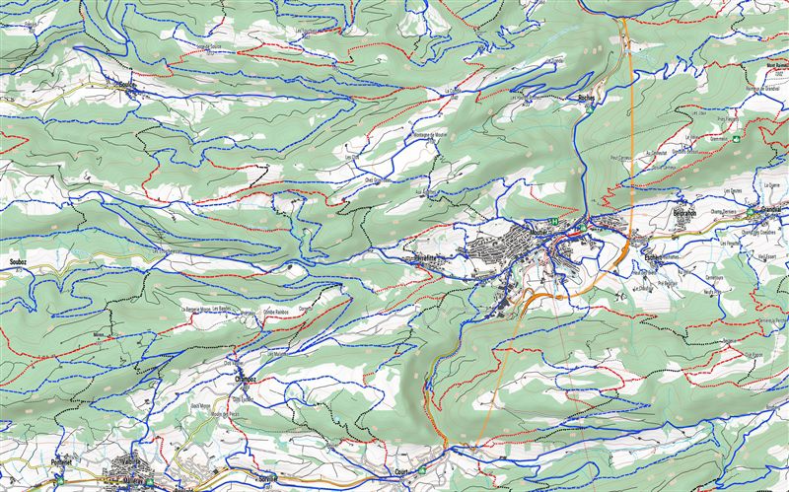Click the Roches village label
click(x=585, y=99)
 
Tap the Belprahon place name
click(x=684, y=213)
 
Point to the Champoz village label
click(x=246, y=378)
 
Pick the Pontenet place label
click(x=61, y=461)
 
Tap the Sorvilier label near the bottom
click(x=267, y=477)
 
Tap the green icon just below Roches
click(x=588, y=108)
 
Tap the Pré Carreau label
click(x=620, y=157)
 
